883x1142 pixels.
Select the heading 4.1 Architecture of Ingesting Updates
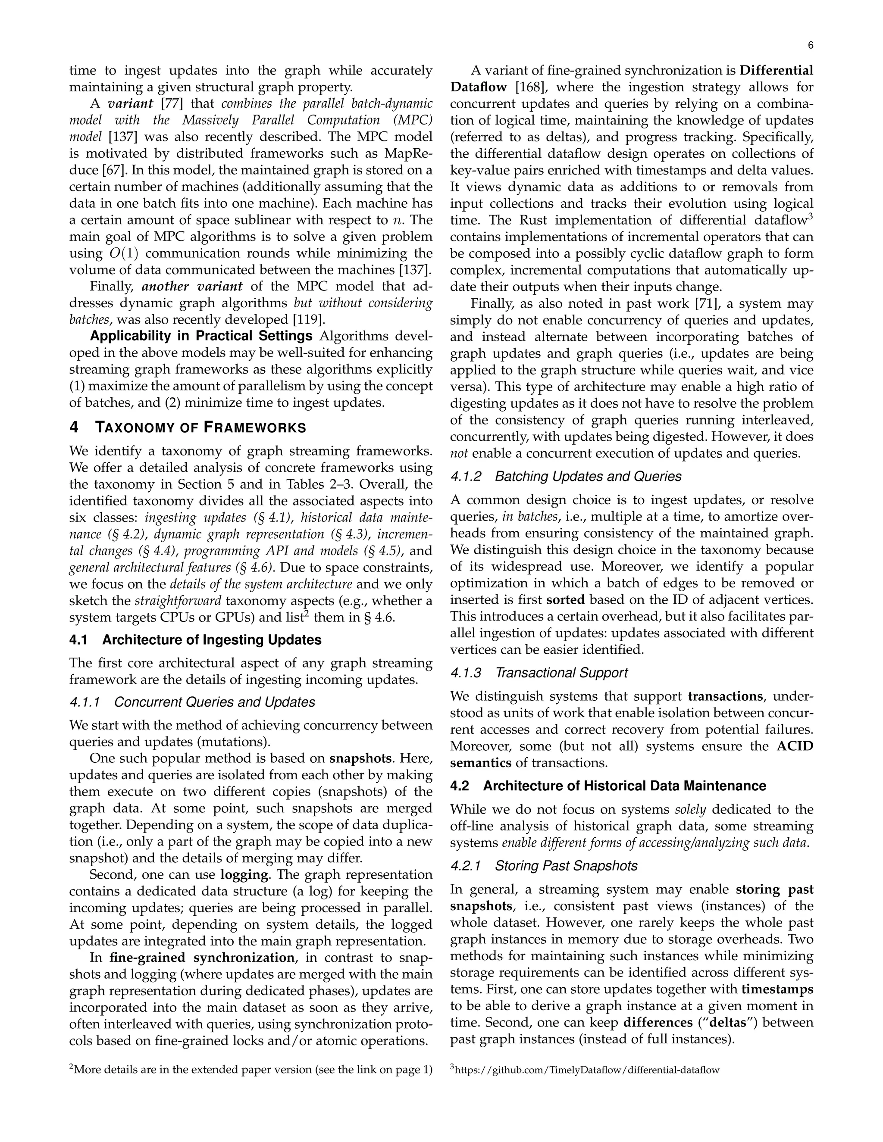click(195, 640)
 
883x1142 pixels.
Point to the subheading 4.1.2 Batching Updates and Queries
click(566, 476)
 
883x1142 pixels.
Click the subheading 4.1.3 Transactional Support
click(539, 672)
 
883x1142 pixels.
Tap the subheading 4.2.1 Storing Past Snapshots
click(544, 866)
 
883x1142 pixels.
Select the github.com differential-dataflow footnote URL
click(587, 1070)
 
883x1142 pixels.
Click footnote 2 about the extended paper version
click(251, 1070)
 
